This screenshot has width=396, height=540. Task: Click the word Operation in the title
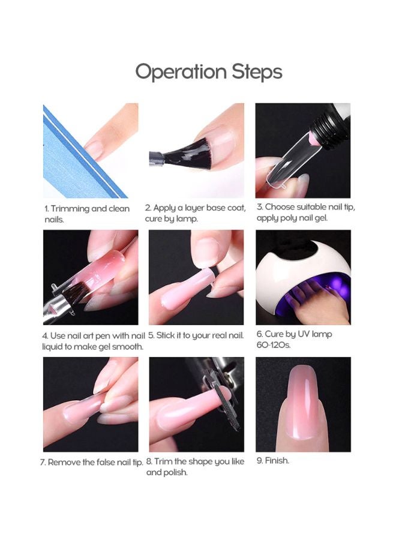click(x=181, y=73)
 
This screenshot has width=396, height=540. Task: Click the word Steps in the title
click(x=257, y=73)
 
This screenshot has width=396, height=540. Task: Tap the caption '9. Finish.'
click(x=273, y=461)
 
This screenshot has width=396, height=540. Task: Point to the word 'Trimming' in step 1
click(x=70, y=209)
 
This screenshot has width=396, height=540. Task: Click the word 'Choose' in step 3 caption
click(x=280, y=207)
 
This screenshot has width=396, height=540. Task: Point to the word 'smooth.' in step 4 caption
click(x=128, y=346)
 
